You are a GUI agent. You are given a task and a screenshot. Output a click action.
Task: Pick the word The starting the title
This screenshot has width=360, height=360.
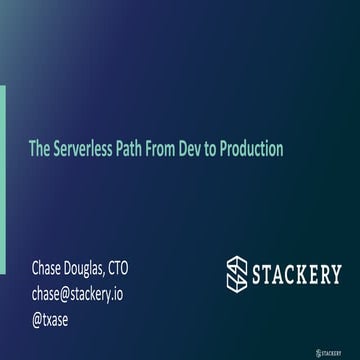coord(39,149)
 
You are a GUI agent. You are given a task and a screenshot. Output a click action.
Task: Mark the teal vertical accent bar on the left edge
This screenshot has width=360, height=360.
coord(2,150)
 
